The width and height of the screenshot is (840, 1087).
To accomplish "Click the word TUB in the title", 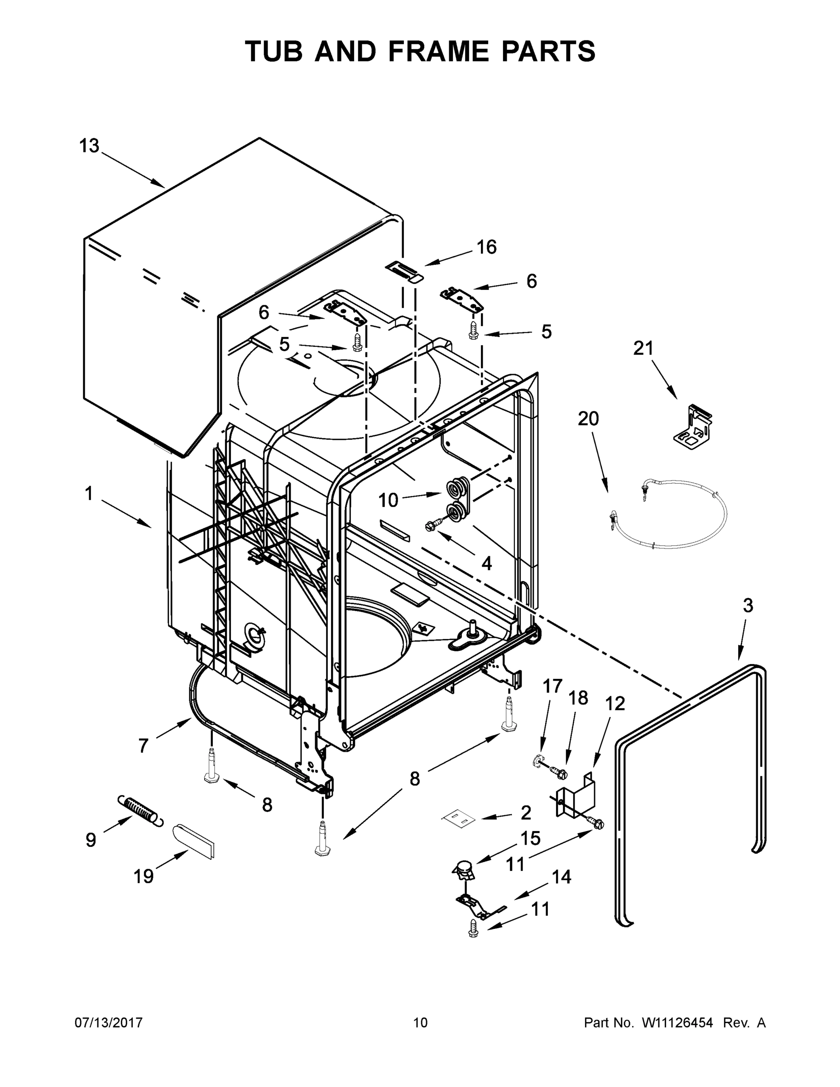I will (274, 51).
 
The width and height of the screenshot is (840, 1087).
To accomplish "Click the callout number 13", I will (90, 146).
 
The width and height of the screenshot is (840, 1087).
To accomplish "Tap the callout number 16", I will (486, 247).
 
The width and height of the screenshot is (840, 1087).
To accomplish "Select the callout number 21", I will (643, 348).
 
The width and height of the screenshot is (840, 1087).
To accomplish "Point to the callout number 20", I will (588, 418).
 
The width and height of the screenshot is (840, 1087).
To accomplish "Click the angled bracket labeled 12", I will (576, 795).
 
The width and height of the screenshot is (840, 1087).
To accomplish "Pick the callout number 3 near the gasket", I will (748, 605).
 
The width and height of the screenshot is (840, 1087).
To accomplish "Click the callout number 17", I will (552, 686).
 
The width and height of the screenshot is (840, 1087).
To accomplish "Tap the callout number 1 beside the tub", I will (89, 494).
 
